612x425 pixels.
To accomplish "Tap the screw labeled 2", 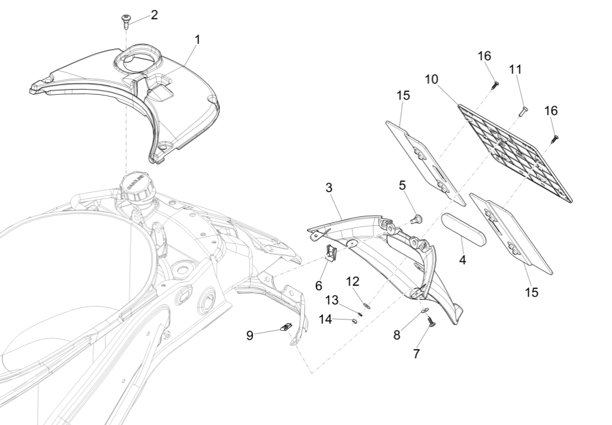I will click(126, 22).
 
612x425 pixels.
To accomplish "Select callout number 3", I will click(329, 187).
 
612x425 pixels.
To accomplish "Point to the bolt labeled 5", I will click(416, 219).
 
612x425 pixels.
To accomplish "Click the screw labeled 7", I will click(430, 321).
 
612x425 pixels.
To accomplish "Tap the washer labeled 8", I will click(423, 310).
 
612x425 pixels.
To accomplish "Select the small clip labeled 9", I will click(286, 327).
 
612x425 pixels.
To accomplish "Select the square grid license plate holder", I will click(515, 151).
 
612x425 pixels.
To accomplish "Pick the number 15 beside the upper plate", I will click(404, 96).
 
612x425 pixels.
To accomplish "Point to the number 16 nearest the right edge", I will click(551, 111).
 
